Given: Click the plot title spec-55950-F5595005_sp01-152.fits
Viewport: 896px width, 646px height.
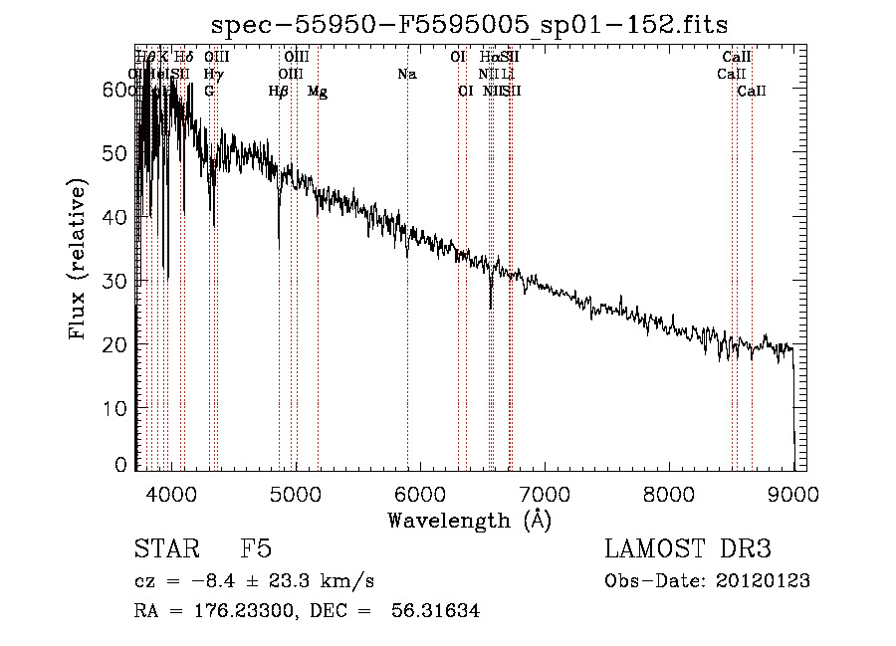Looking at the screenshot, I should point(470,26).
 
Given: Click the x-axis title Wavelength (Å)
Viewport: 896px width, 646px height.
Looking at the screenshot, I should point(470,519).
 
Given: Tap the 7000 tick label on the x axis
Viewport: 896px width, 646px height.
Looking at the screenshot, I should point(545,491).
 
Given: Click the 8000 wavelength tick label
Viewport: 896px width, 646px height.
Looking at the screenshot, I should point(669,491).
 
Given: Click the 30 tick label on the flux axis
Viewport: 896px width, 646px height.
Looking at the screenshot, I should point(118,280).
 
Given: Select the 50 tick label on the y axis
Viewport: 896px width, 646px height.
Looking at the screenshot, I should point(118,152).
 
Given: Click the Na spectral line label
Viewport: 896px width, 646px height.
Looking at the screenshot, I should point(406,75).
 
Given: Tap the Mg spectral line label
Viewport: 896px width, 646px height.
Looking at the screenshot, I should point(318,93).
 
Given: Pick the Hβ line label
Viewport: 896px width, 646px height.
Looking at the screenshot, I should point(279,92).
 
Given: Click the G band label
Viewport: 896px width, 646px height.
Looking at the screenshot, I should point(209,92).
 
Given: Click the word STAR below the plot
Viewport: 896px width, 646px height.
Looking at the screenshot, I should point(165,549).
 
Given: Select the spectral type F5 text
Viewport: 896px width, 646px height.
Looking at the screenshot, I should point(256,549).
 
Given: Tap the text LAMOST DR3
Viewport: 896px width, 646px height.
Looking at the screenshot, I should point(688,549).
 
